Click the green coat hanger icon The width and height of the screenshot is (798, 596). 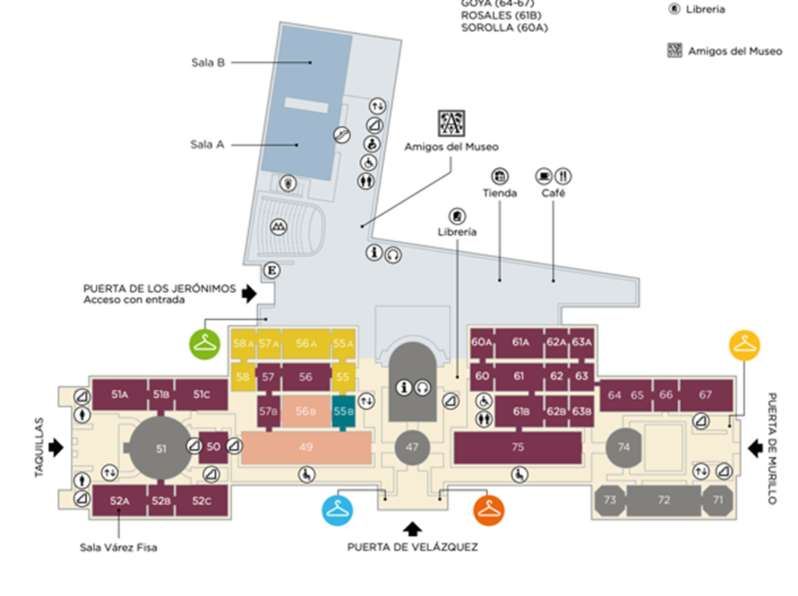[x=205, y=344]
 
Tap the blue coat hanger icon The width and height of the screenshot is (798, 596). [x=337, y=509]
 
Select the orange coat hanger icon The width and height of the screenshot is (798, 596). [x=489, y=509]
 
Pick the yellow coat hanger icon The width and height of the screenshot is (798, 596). [x=744, y=345]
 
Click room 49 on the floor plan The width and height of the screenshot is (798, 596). [x=306, y=447]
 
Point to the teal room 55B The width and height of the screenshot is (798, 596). [x=343, y=411]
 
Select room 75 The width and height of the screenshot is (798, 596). [x=517, y=447]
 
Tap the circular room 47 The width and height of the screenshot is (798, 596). [x=412, y=447]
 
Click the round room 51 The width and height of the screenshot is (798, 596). [x=160, y=449]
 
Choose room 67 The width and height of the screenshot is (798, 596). [x=705, y=395]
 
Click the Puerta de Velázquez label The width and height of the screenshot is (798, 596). [x=412, y=547]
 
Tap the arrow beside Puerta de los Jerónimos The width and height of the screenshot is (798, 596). [x=249, y=293]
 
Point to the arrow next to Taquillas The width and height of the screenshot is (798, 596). [x=56, y=447]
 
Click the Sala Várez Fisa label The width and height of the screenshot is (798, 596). [x=118, y=548]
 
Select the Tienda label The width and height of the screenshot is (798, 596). [x=499, y=193]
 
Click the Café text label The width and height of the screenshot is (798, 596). [x=553, y=193]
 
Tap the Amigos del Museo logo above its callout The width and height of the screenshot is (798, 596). [x=452, y=123]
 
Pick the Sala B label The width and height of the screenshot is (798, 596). [x=208, y=62]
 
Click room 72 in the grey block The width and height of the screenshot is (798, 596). [x=663, y=500]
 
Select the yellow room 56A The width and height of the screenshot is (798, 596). [x=306, y=344]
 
